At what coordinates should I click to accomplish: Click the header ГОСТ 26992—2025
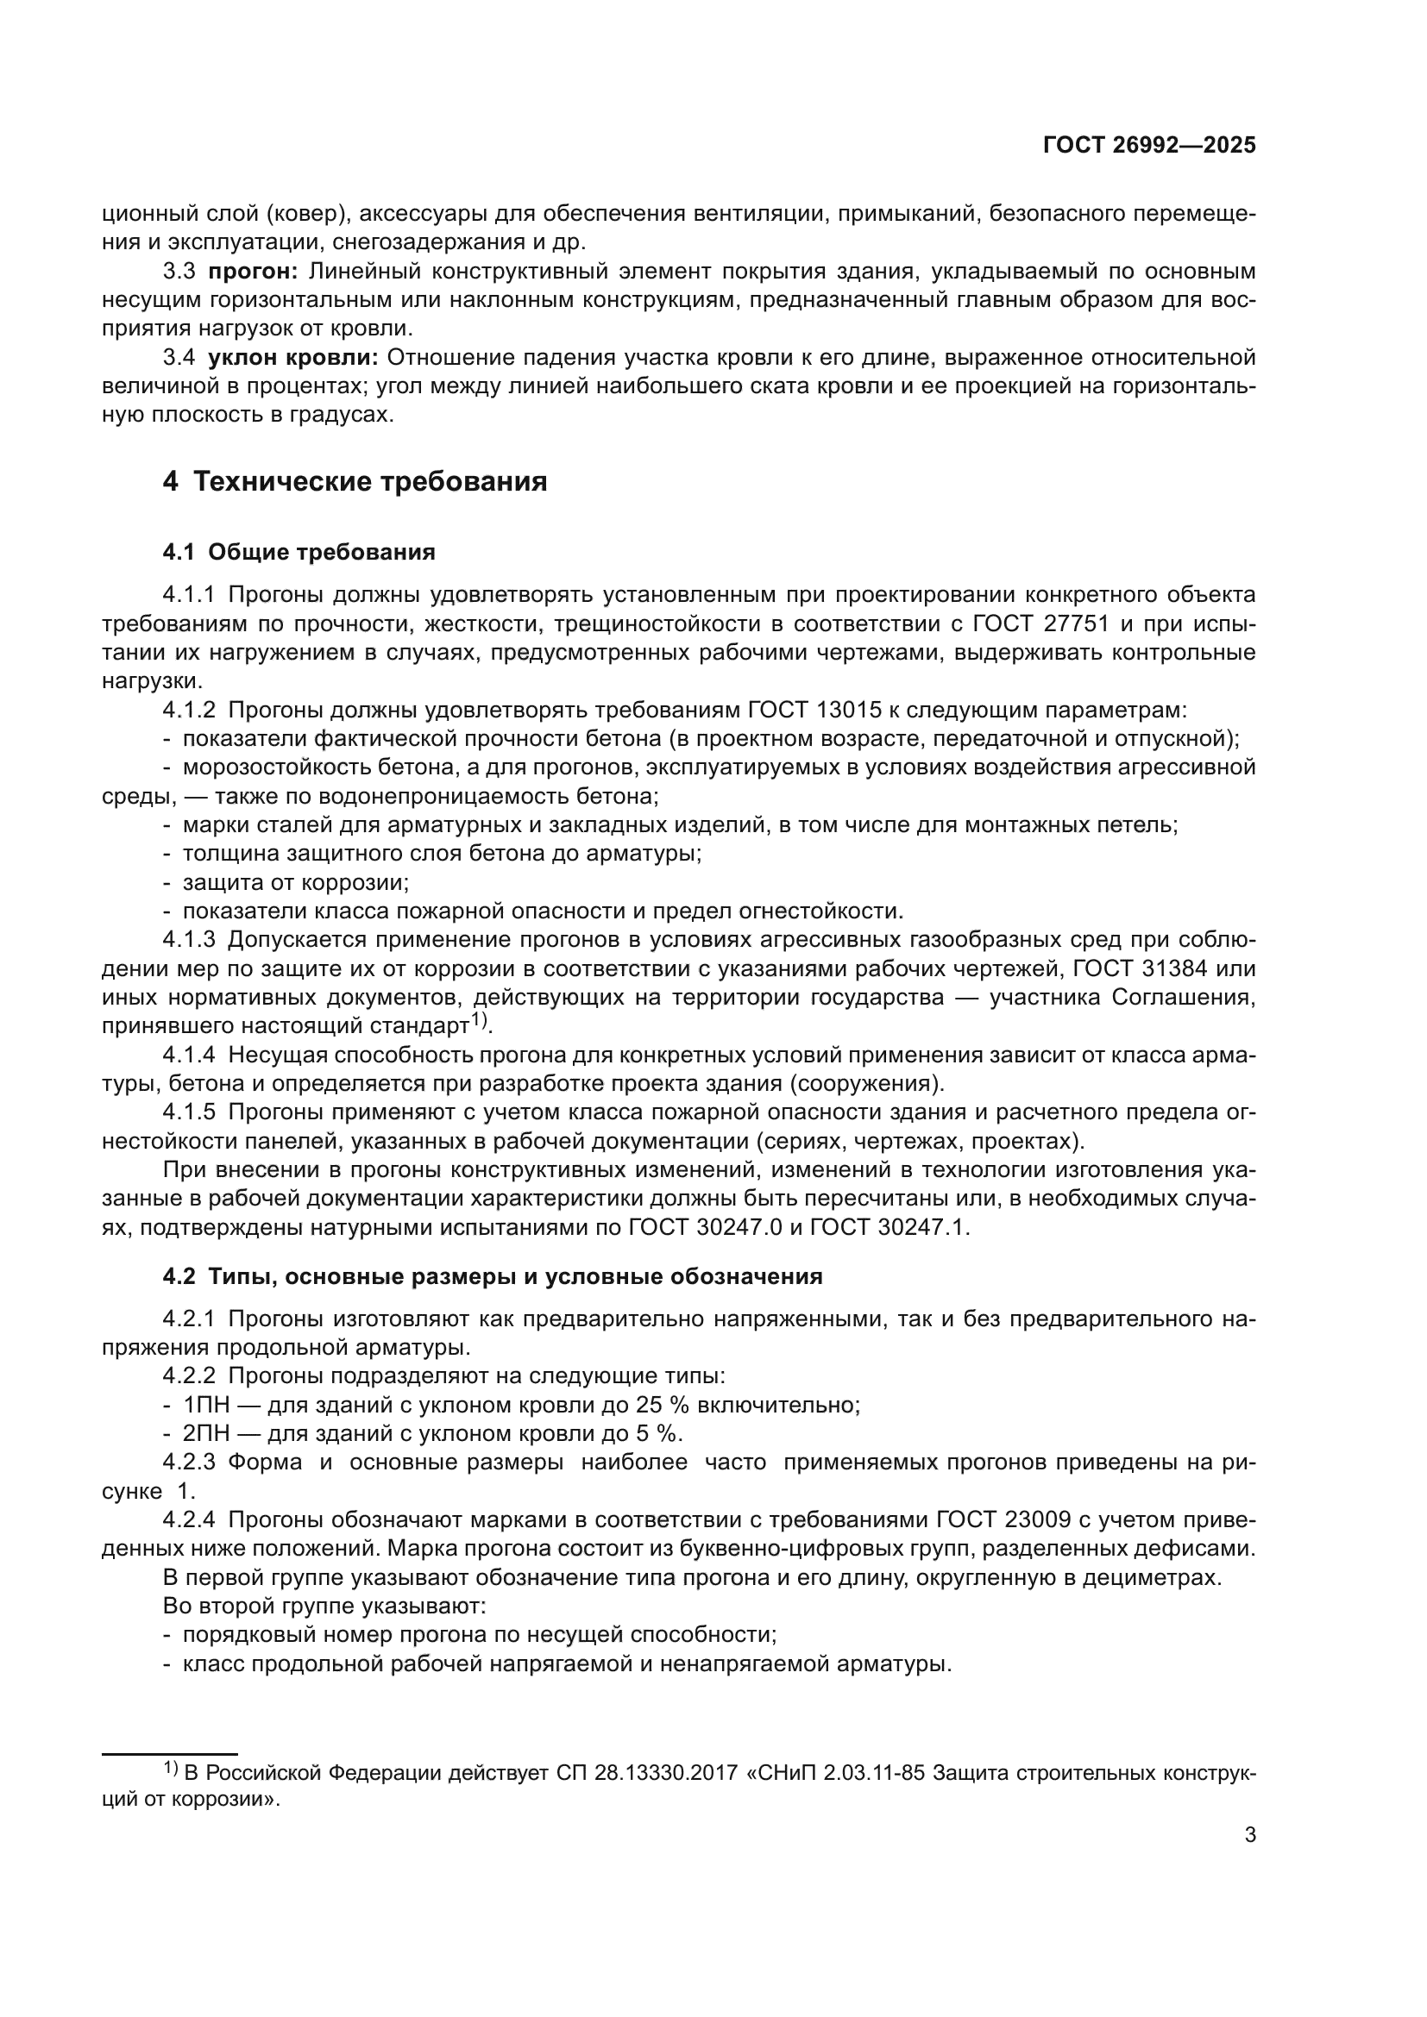1149,146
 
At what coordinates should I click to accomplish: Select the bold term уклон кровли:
292,358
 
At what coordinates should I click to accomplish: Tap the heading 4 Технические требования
355,481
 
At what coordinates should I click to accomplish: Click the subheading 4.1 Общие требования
299,552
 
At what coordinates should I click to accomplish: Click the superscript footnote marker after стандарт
479,1020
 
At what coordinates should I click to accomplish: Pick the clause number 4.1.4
189,1055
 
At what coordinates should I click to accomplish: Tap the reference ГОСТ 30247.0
703,1227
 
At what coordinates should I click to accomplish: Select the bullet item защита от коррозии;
296,882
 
